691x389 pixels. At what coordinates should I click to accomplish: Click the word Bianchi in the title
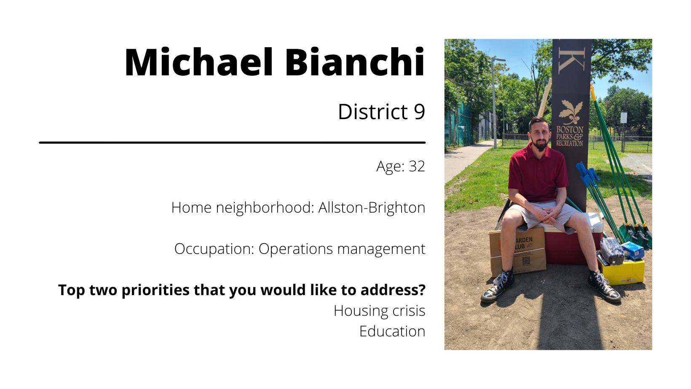(x=355, y=62)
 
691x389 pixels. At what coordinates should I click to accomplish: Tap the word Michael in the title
(x=199, y=62)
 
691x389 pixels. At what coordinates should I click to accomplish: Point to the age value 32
(x=417, y=166)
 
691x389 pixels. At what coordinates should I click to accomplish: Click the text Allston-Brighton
(x=372, y=208)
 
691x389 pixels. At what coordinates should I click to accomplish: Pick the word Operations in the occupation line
(x=295, y=249)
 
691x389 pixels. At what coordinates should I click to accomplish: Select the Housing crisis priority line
(x=380, y=311)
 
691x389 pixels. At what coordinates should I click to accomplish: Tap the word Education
(x=392, y=331)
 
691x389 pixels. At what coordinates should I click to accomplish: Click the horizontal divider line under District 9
(x=232, y=142)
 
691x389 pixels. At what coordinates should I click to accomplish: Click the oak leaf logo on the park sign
(x=570, y=112)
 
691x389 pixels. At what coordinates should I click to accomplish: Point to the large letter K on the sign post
(x=572, y=60)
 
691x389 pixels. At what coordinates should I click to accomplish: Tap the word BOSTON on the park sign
(x=570, y=130)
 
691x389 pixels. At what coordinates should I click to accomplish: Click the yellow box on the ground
(x=623, y=272)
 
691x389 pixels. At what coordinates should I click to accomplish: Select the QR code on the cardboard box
(x=526, y=261)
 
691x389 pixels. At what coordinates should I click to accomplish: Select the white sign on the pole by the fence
(x=624, y=118)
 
